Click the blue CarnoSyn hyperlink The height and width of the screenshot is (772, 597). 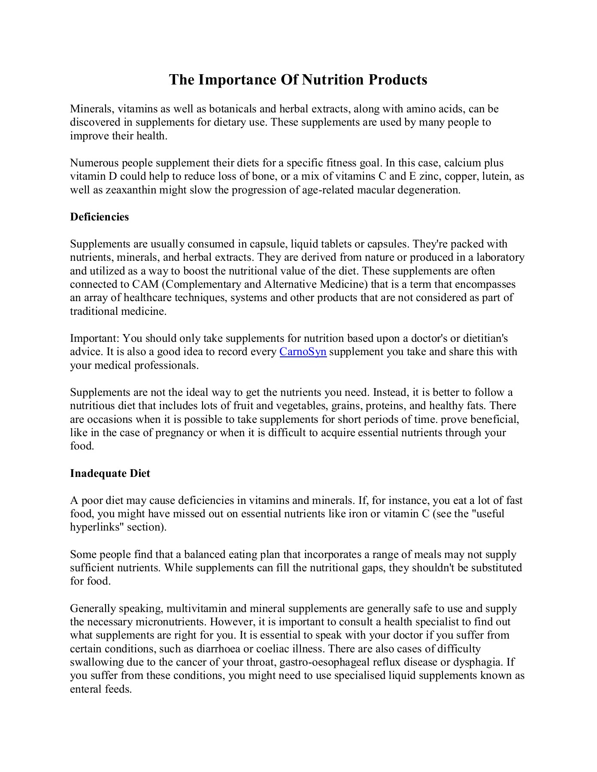point(303,352)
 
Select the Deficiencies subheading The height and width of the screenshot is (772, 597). point(99,217)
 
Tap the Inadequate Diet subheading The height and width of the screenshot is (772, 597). point(110,473)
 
